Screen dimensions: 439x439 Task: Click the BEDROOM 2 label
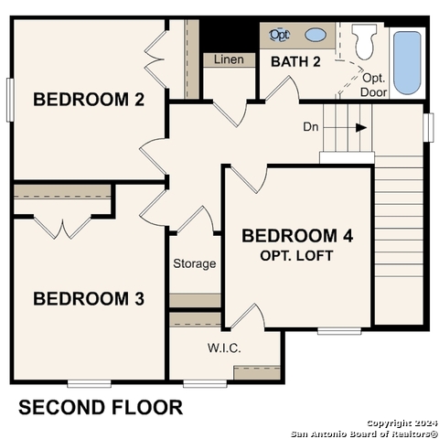[x=89, y=100]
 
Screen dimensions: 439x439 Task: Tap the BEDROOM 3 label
[x=89, y=298]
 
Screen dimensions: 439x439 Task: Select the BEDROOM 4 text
[x=297, y=236]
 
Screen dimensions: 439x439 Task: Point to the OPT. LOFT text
[x=297, y=255]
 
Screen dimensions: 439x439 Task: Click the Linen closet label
[x=229, y=60]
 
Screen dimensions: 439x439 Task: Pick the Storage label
[x=195, y=263]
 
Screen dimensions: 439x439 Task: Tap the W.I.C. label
[x=223, y=348]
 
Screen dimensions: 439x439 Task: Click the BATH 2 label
[x=295, y=61]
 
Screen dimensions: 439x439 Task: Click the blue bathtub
[x=406, y=62]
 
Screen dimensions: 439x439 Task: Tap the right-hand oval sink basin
[x=315, y=35]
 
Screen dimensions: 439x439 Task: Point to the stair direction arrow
[x=359, y=128]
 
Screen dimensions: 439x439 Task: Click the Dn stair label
[x=311, y=128]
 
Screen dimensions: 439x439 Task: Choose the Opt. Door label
[x=374, y=85]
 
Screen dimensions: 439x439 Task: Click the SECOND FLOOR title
[x=101, y=407]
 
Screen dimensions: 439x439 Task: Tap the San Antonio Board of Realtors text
[x=364, y=433]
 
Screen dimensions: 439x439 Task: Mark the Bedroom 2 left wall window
[x=10, y=99]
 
